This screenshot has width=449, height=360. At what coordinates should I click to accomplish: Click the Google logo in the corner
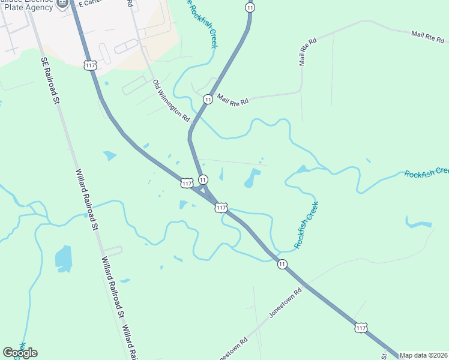[20, 353]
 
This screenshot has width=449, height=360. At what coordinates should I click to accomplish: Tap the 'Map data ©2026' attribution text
[423, 355]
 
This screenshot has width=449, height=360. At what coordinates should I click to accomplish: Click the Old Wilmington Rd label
[171, 101]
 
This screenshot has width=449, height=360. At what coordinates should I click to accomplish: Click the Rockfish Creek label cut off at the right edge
[426, 173]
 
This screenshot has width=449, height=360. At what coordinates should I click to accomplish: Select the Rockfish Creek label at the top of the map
[203, 24]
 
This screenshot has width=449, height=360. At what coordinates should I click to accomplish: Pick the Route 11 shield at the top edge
[250, 7]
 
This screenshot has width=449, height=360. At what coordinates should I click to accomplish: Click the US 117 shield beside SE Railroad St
[91, 65]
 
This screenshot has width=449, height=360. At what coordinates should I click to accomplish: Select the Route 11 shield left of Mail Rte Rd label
[208, 99]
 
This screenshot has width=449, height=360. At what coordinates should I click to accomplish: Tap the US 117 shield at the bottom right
[360, 327]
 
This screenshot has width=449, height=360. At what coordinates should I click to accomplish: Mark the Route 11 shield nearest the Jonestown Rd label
[282, 264]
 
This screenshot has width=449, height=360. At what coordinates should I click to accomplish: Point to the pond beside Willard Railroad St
[63, 256]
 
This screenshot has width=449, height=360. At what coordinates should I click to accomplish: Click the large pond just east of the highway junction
[252, 178]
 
